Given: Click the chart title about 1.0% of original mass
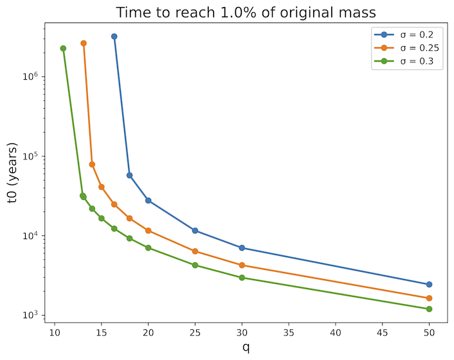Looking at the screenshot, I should [x=244, y=12].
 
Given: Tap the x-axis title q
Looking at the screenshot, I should [x=246, y=347].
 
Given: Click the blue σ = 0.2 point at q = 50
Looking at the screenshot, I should [x=429, y=284].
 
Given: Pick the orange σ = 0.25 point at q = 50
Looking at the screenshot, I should [x=429, y=298].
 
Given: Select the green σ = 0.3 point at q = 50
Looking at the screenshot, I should [x=429, y=309].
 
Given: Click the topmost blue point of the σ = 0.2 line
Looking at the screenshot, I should [x=114, y=37].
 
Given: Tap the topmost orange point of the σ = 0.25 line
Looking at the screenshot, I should [x=84, y=43].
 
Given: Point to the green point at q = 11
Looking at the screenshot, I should [x=63, y=48].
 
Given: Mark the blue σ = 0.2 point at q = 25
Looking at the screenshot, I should [x=195, y=231].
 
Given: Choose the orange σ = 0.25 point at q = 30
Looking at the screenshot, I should [x=242, y=265].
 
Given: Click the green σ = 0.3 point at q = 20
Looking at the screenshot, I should [x=148, y=248].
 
